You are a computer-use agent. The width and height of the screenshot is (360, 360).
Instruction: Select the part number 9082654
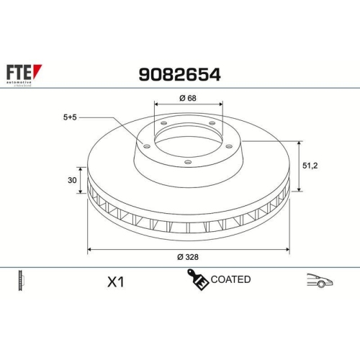pos(179,74)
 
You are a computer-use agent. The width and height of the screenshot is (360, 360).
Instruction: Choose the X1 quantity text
pos(114,282)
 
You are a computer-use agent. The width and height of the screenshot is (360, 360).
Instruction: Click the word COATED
pos(230,279)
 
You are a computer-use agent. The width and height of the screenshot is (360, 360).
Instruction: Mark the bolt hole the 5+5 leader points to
pos(148,146)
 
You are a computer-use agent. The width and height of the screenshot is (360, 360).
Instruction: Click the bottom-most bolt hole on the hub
pos(187,162)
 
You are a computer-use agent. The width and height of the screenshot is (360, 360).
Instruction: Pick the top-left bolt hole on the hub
pos(163,123)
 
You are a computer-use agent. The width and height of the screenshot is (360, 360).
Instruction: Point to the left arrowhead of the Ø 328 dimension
pos(90,250)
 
